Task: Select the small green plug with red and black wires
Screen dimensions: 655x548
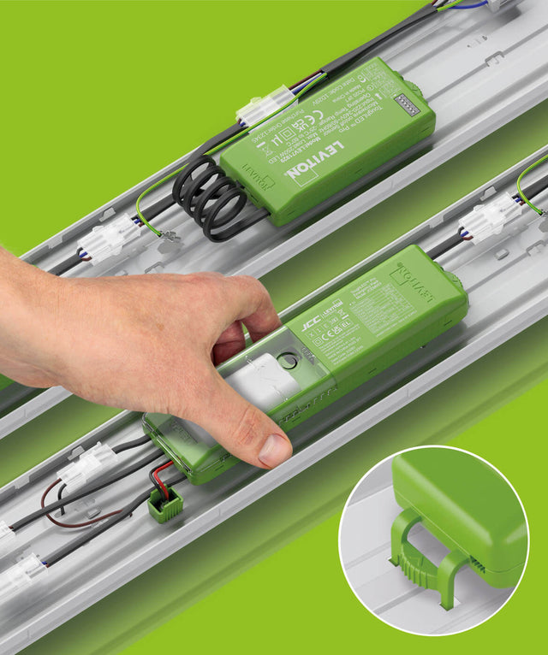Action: (x=165, y=505)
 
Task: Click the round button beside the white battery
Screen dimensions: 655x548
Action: (x=289, y=361)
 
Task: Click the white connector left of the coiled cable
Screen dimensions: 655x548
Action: (x=109, y=239)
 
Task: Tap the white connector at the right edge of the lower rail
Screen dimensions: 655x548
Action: (x=488, y=218)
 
